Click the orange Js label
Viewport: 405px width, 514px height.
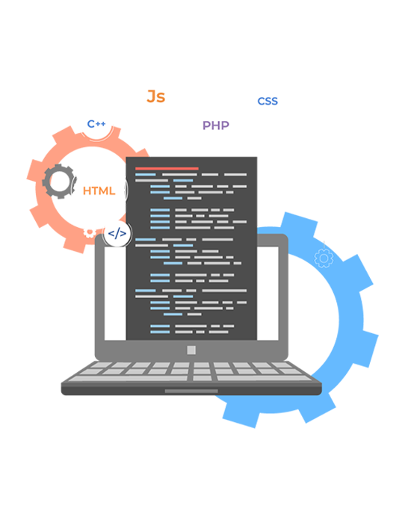(x=155, y=96)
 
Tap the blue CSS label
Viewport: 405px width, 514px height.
(x=268, y=102)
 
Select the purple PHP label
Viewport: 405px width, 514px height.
(x=216, y=126)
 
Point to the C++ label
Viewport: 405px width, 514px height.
(x=96, y=124)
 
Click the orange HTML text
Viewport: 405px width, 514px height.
(x=99, y=191)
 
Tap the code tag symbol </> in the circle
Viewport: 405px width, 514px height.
(x=117, y=234)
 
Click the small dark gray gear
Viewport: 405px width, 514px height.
(x=59, y=182)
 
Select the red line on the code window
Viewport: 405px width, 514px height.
(x=167, y=169)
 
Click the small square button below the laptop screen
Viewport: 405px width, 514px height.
(x=191, y=350)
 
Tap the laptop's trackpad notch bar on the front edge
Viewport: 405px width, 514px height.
(x=191, y=391)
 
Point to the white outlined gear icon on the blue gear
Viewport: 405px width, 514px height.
(x=324, y=258)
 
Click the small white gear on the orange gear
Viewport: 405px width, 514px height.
(x=89, y=233)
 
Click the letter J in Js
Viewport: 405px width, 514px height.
(x=151, y=96)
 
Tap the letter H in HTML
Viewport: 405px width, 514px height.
(x=87, y=191)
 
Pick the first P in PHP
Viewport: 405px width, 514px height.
(x=206, y=126)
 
